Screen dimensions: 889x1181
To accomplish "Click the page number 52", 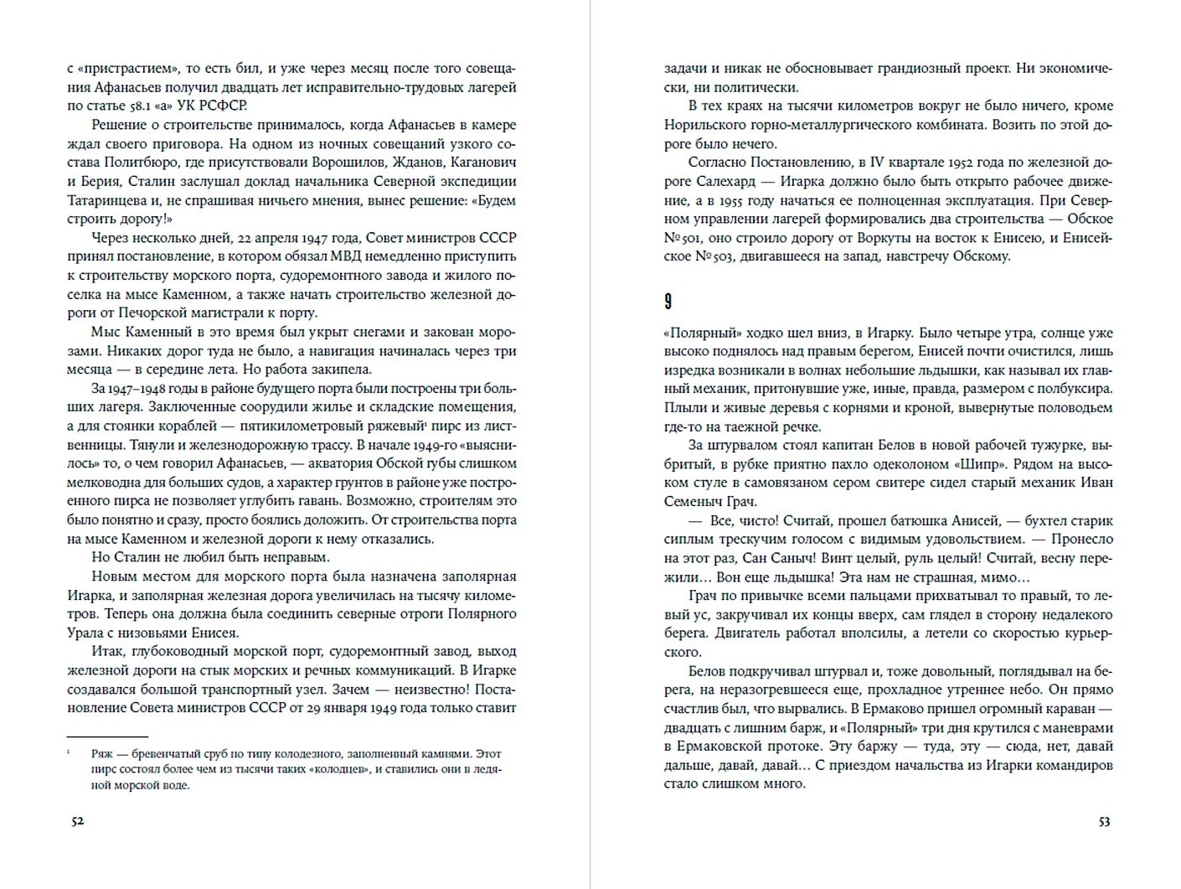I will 77,821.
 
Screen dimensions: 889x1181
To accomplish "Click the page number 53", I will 1104,821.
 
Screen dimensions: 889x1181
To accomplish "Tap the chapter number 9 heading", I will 668,301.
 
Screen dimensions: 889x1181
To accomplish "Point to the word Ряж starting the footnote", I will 102,752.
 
